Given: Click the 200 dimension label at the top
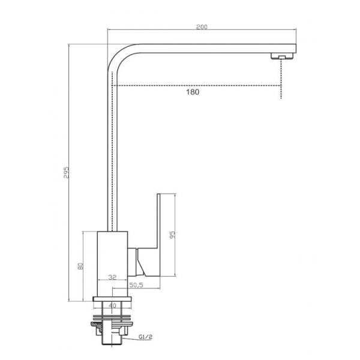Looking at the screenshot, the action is pos(202,27).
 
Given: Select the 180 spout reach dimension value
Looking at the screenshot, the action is pos(193,92).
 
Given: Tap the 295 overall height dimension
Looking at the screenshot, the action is pos(66,172).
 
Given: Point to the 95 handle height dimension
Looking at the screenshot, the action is pos(172,234).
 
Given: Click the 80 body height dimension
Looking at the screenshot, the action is pos(80,266).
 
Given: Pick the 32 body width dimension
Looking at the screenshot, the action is pos(113,277).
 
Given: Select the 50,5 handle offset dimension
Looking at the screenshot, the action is pos(136,285).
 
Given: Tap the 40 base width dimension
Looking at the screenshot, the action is pos(112,305).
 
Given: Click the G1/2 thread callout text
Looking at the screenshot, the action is pos(146,337).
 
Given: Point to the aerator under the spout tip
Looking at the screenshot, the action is pos(282,56).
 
